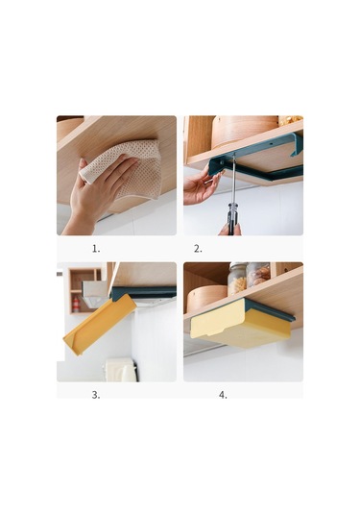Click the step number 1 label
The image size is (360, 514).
(96, 249)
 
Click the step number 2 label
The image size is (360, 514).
(198, 249)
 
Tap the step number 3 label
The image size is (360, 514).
(96, 395)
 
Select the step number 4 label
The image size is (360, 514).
(223, 395)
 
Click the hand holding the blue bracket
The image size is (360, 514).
(200, 185)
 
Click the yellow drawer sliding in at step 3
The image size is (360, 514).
(100, 324)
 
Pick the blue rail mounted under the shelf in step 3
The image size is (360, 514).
(143, 292)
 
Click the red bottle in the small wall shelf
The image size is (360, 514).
(76, 305)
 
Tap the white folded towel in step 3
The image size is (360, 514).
(120, 370)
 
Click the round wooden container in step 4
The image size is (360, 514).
(207, 298)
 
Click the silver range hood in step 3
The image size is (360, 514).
(95, 292)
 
